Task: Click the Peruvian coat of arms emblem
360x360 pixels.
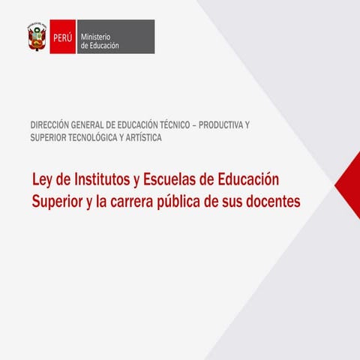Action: (x=36, y=36)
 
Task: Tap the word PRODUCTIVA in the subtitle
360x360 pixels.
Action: (x=224, y=124)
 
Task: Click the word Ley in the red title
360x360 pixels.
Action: (x=42, y=181)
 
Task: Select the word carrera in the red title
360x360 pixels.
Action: (x=142, y=202)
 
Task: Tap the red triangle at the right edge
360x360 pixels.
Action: (x=350, y=184)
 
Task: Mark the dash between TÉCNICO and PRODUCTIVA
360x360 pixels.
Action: (x=195, y=124)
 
